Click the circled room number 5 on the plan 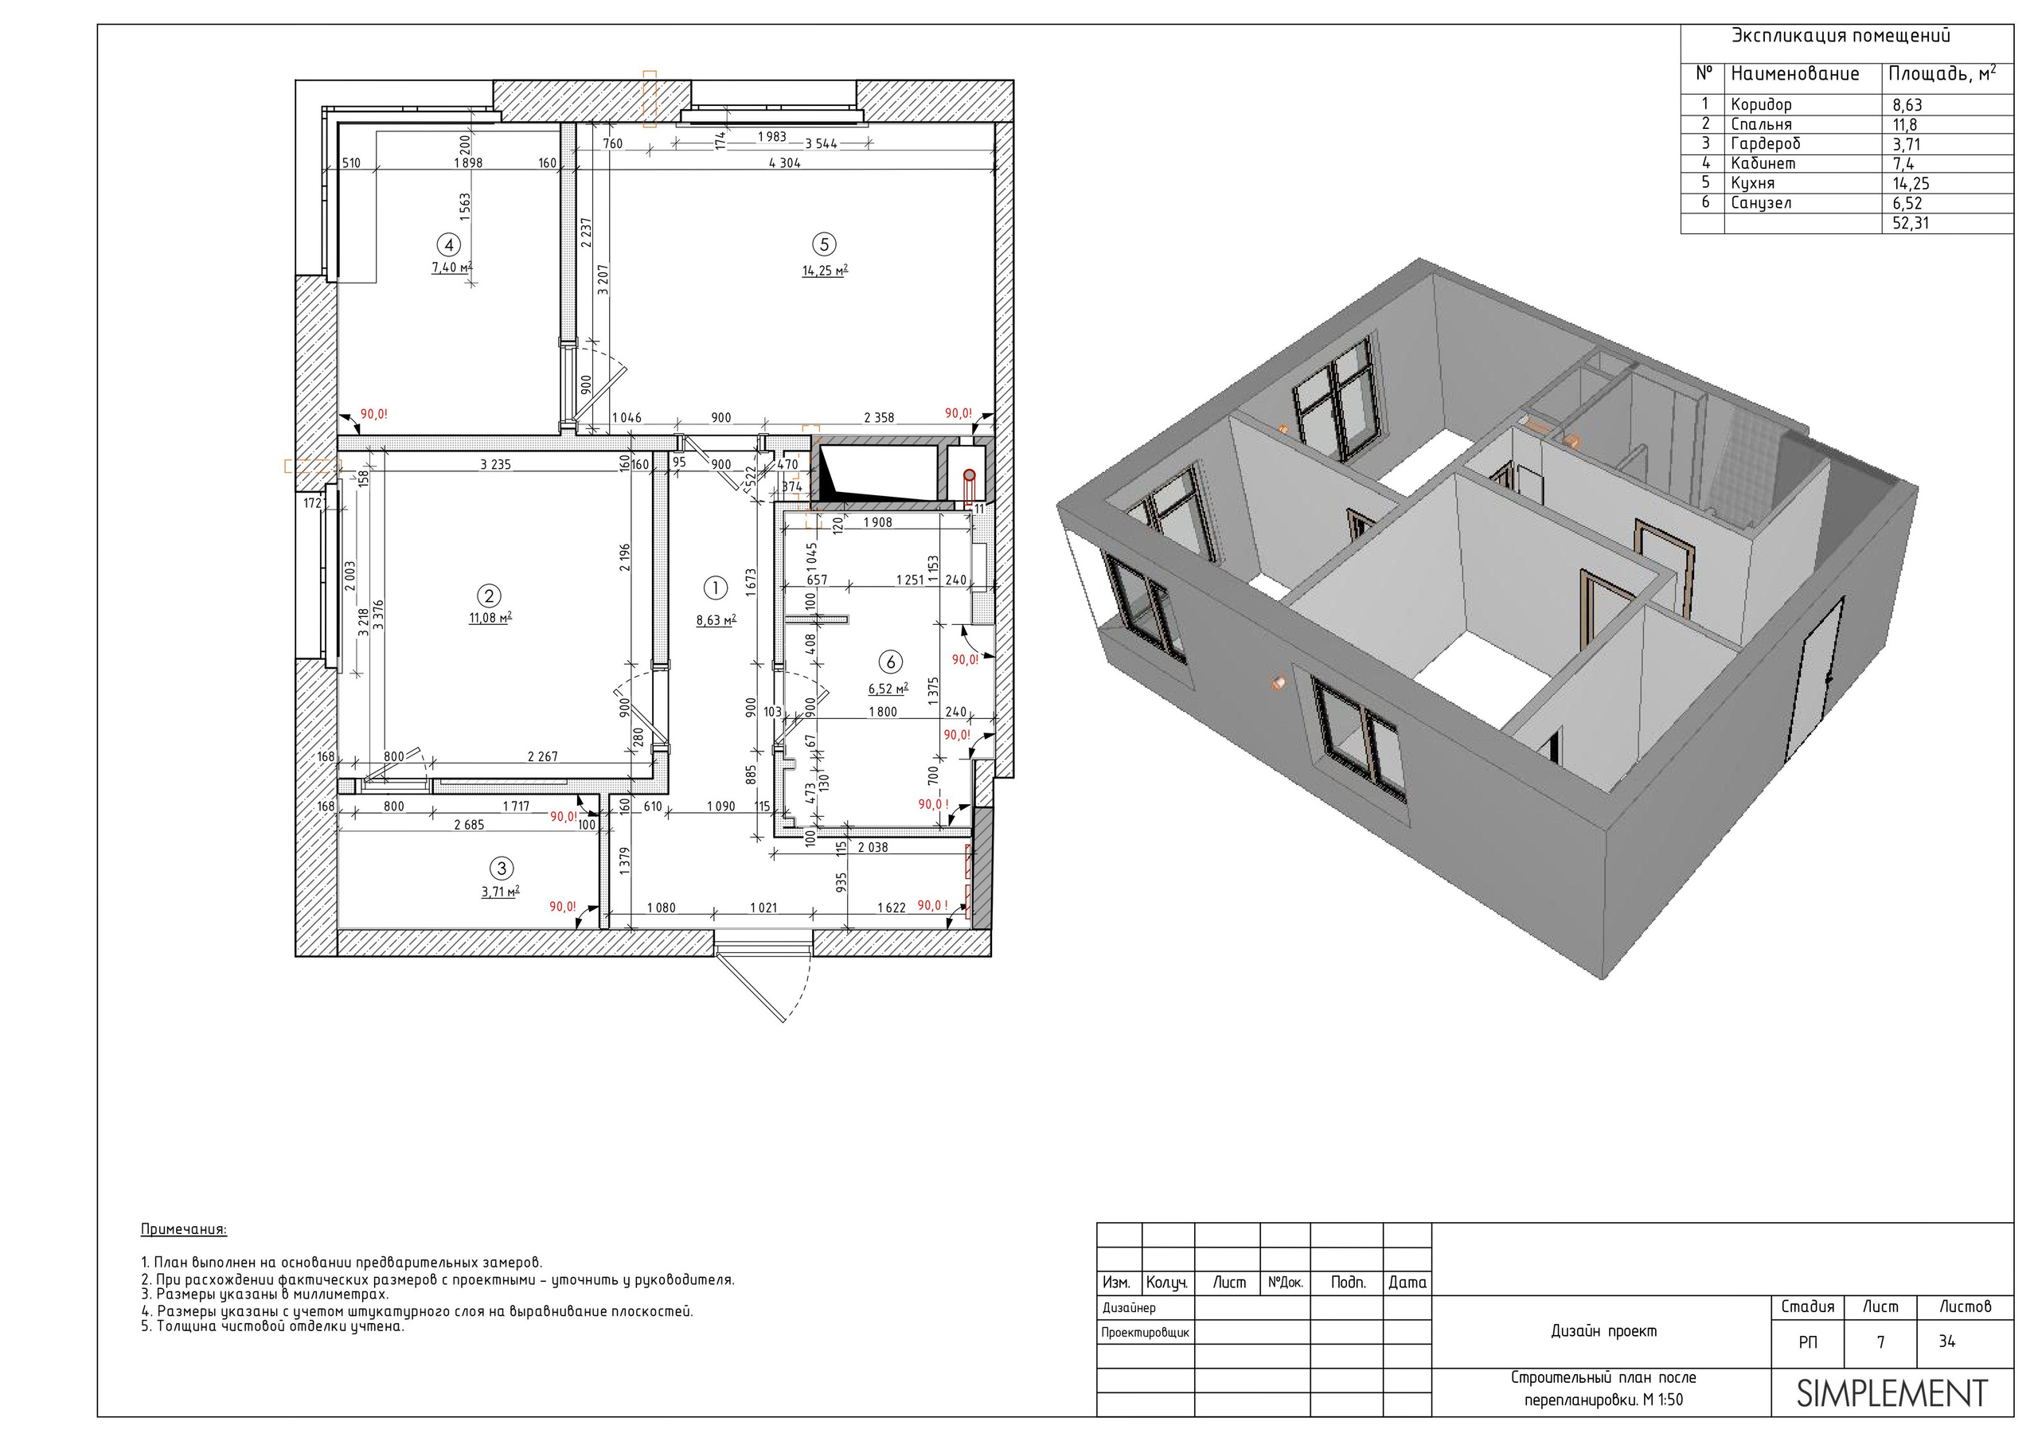click(x=824, y=244)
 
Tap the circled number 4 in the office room click(x=448, y=245)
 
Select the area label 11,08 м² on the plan click(x=490, y=617)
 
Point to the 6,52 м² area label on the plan click(x=888, y=688)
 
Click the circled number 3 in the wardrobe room click(x=502, y=869)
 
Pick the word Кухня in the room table click(x=1752, y=183)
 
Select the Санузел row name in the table click(x=1761, y=202)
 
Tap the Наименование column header click(x=1794, y=74)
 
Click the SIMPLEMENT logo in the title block click(x=1892, y=1394)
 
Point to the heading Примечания click(x=184, y=1230)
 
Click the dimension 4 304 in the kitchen click(x=785, y=162)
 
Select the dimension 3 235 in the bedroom click(x=495, y=463)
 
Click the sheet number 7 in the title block click(x=1880, y=1341)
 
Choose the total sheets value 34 click(x=1946, y=1341)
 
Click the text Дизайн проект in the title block click(x=1604, y=1331)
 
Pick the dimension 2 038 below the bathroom click(x=873, y=847)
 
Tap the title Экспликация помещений click(x=1841, y=37)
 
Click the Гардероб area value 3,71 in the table click(x=1907, y=144)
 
